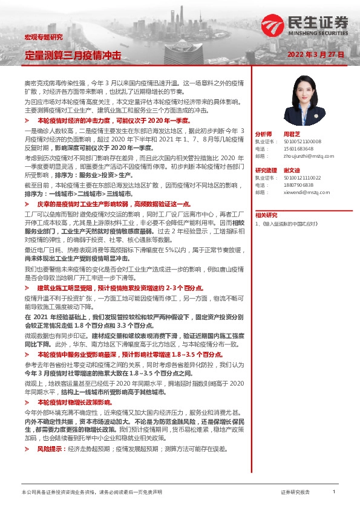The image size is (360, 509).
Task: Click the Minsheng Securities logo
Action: point(305,25)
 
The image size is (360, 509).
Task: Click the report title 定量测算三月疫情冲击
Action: point(73,55)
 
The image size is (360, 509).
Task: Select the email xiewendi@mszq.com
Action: point(306,192)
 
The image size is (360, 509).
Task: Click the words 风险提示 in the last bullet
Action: point(50,449)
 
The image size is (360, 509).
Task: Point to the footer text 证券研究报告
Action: point(295,492)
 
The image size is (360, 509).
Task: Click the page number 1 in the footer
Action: point(334,492)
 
